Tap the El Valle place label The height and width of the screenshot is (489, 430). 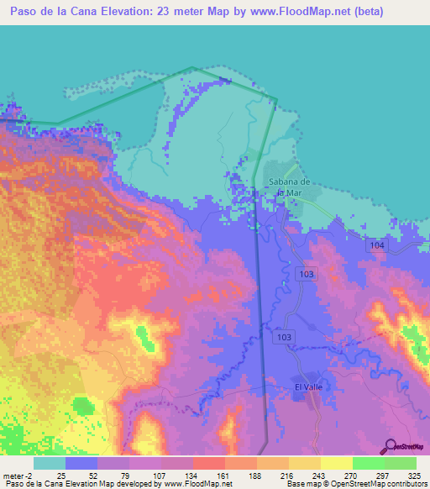308,386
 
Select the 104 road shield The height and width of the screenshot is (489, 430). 375,244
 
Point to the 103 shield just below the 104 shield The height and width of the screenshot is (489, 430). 307,275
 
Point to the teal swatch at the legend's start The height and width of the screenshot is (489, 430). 50,463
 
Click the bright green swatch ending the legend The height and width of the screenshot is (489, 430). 401,463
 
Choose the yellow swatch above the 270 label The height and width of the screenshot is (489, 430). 337,463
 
